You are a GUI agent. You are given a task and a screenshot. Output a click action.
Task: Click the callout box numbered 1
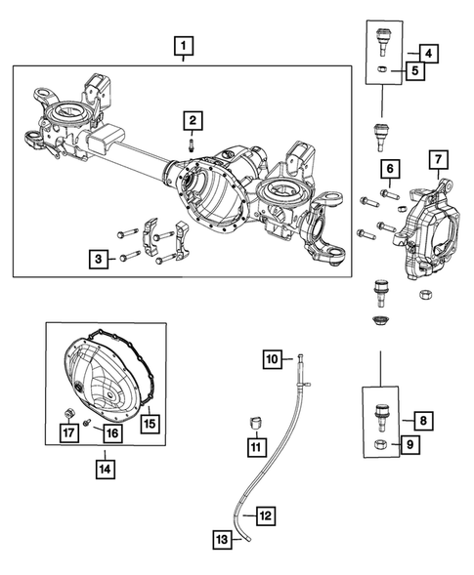pos(184,44)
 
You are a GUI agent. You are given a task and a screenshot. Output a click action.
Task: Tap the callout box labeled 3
pos(99,259)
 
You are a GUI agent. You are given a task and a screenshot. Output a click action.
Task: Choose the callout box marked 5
pos(415,70)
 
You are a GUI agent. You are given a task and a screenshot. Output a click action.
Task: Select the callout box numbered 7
pos(437,159)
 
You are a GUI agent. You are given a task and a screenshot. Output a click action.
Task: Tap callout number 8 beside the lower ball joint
pos(422,421)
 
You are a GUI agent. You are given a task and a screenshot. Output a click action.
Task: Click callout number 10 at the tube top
pos(273,360)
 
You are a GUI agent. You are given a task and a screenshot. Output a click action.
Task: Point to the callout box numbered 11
pos(255,447)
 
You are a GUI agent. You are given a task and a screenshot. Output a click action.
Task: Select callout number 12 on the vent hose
pos(266,514)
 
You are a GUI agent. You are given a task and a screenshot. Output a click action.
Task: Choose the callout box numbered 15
pos(151,424)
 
